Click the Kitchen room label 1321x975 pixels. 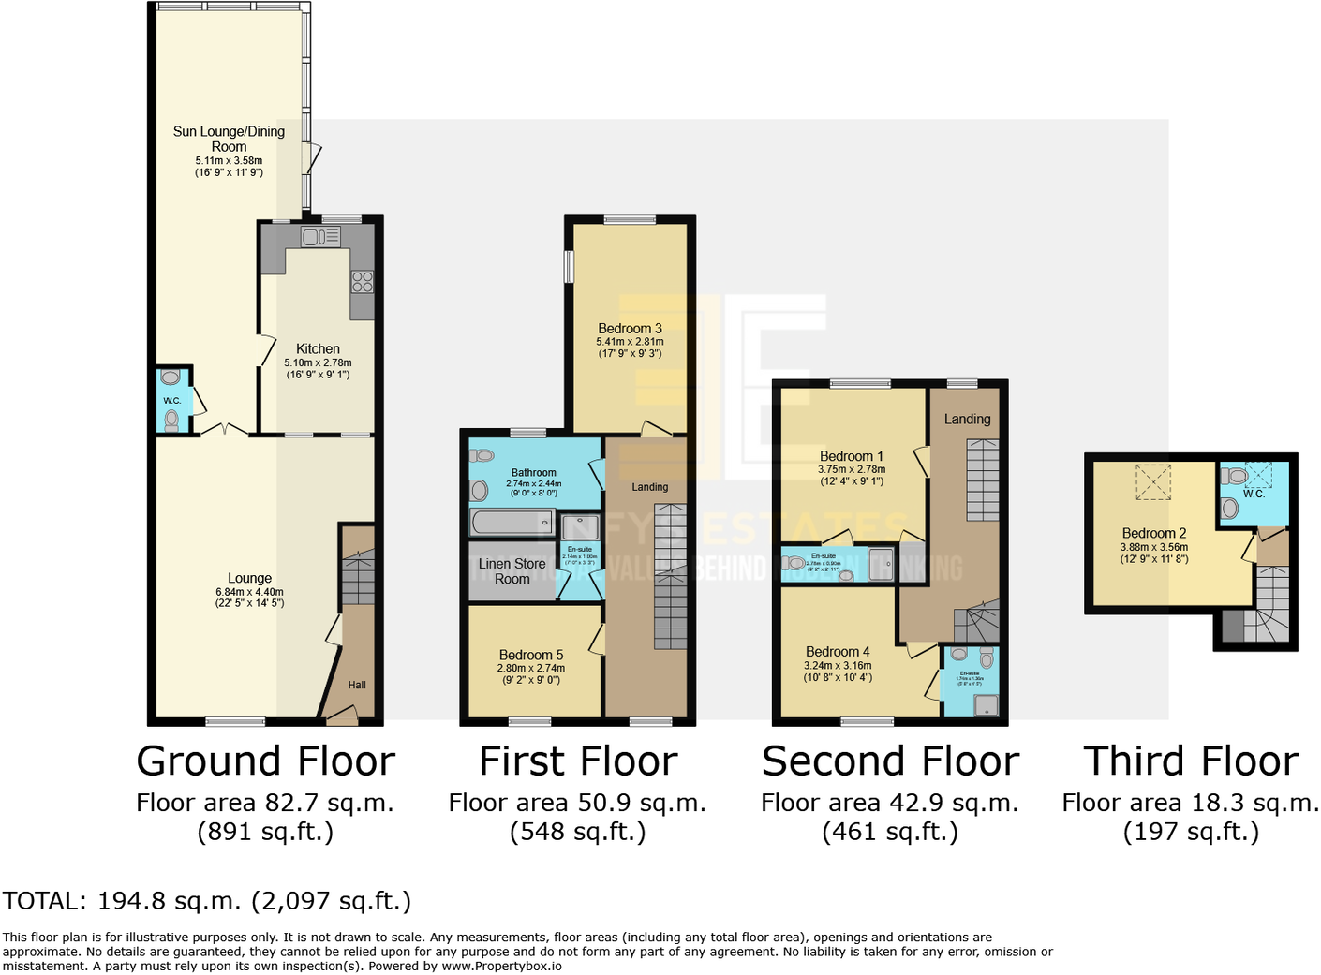[318, 348]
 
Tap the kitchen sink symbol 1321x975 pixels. [320, 237]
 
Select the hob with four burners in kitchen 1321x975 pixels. [362, 281]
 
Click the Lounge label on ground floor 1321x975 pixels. [249, 578]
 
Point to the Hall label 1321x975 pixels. [357, 685]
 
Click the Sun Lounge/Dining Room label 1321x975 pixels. [229, 139]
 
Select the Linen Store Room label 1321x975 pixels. [512, 571]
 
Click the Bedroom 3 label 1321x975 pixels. [630, 328]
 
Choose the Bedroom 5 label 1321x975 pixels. [530, 655]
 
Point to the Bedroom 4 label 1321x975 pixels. [838, 651]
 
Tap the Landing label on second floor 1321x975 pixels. [967, 419]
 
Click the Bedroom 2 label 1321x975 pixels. [1153, 533]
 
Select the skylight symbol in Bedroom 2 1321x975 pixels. [1153, 482]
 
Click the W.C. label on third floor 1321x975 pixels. [1254, 494]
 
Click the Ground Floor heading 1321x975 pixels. [265, 761]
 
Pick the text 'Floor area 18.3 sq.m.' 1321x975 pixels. [1190, 803]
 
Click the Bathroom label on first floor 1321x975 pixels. [533, 473]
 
